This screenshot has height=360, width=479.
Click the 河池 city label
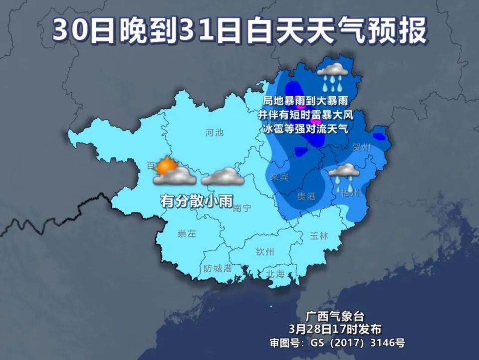(x=215, y=133)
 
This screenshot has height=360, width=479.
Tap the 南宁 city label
(x=242, y=208)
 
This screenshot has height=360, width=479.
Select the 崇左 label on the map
(x=187, y=233)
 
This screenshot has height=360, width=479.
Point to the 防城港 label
(x=218, y=268)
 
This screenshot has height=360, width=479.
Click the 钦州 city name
(x=265, y=251)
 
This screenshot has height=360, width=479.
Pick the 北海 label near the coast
(x=275, y=274)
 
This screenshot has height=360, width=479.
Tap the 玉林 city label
(x=319, y=236)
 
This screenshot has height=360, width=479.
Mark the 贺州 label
(x=362, y=148)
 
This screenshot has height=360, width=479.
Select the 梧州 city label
(x=350, y=193)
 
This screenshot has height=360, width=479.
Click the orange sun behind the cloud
(x=164, y=165)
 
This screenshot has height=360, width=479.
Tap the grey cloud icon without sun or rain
(x=223, y=177)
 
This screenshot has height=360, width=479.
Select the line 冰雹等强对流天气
(x=305, y=128)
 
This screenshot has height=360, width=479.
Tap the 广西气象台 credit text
(x=335, y=317)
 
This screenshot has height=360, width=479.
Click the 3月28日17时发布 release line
(x=335, y=329)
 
